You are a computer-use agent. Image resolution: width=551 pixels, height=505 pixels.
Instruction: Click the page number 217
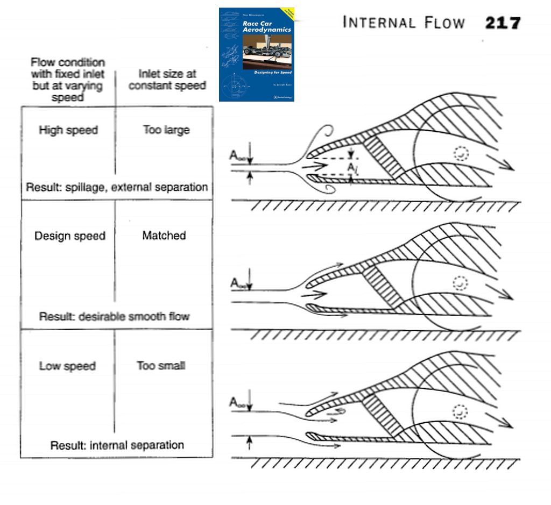tap(503, 23)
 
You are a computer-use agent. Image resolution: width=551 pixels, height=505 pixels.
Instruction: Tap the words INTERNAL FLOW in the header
tap(403, 23)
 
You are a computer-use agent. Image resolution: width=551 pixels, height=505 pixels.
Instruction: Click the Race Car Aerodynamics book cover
tap(257, 54)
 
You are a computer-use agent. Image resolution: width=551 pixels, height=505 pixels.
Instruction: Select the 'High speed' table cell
tap(68, 130)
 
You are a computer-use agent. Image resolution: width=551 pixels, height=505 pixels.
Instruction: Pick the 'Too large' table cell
tap(166, 130)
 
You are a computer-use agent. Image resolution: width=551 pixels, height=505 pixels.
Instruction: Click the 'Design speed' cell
tap(70, 236)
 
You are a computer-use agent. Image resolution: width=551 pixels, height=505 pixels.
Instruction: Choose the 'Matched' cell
tap(164, 236)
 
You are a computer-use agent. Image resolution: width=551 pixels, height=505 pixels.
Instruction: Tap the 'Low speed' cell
tap(67, 366)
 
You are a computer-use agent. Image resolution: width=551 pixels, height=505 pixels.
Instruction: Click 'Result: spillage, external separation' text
tap(117, 187)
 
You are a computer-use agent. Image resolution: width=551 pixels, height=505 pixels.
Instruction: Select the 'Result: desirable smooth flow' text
tap(114, 316)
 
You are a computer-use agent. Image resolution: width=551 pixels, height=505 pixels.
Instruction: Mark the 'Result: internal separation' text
tap(117, 445)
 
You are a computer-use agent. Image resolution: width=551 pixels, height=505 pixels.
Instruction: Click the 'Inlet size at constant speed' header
tap(167, 80)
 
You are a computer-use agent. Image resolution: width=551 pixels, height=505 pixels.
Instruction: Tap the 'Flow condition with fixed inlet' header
tap(68, 80)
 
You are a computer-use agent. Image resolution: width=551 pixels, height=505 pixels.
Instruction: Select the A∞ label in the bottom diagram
tap(238, 402)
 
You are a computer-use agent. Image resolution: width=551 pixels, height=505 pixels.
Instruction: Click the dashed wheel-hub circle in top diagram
tap(461, 154)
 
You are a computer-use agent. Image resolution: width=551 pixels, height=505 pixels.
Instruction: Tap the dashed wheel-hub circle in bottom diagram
tap(460, 411)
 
